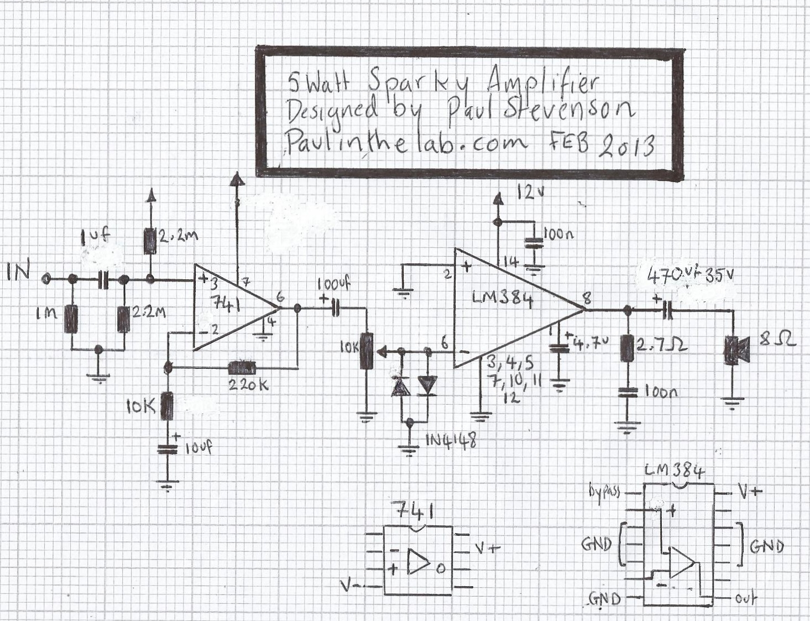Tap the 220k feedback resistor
pos(242,367)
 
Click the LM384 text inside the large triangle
pos(503,300)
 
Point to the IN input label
pos(20,272)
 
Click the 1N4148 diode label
pos(451,441)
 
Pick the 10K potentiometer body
pos(365,351)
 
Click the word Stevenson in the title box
pos(569,109)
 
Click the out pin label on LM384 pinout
pos(746,598)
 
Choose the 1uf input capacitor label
pos(95,237)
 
